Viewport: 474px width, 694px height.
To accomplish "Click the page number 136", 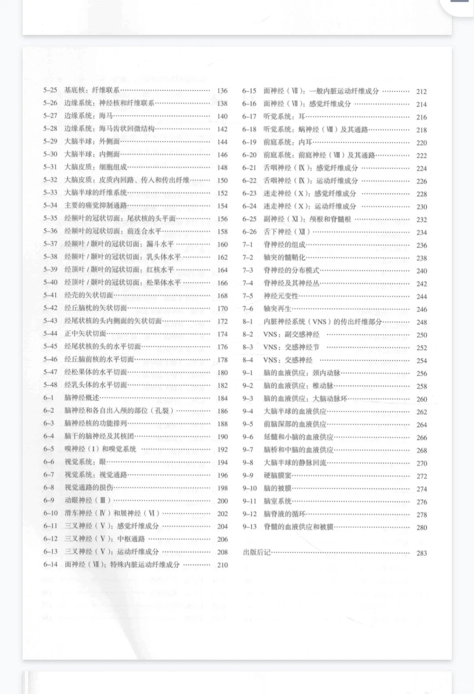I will [222, 91].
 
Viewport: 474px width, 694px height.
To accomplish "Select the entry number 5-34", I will [50, 205].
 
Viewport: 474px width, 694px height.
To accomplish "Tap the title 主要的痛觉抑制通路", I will [96, 205].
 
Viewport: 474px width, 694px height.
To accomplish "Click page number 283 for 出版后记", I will [421, 553].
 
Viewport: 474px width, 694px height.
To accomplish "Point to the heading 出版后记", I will [256, 553].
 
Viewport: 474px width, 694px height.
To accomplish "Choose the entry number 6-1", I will [48, 398].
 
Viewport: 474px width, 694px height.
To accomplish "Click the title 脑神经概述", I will [82, 398].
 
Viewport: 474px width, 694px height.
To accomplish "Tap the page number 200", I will [222, 501].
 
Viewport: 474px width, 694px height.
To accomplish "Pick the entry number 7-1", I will [248, 245].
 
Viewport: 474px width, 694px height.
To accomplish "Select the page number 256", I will [421, 374].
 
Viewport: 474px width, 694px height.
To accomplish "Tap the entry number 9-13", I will [249, 527].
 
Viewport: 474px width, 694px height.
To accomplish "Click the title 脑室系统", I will [277, 501].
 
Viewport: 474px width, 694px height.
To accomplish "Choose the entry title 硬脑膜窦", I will [277, 476].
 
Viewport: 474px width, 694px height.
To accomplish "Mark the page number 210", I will [222, 565].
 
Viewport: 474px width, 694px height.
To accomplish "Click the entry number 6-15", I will [249, 91].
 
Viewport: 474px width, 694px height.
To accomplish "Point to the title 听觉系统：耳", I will [284, 117].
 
